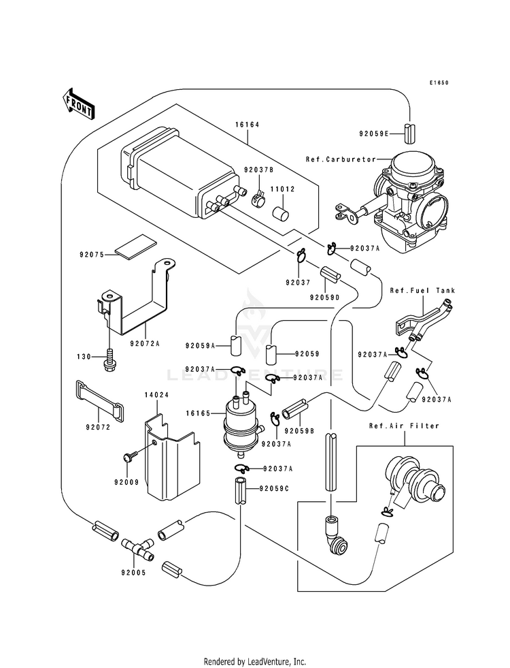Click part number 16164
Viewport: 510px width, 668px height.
pyautogui.click(x=247, y=125)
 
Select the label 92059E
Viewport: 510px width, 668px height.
pyautogui.click(x=373, y=133)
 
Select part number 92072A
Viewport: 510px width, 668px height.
pyautogui.click(x=145, y=343)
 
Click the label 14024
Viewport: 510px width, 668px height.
pyautogui.click(x=157, y=395)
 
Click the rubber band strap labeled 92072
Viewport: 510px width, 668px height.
pyautogui.click(x=101, y=401)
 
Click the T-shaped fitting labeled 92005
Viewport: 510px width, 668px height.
pyautogui.click(x=137, y=549)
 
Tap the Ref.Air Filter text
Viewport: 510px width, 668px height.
pyautogui.click(x=404, y=426)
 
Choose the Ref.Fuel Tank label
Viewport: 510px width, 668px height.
pyautogui.click(x=422, y=291)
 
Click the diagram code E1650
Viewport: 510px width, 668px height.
pyautogui.click(x=439, y=83)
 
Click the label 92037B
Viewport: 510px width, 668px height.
pyautogui.click(x=258, y=170)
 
